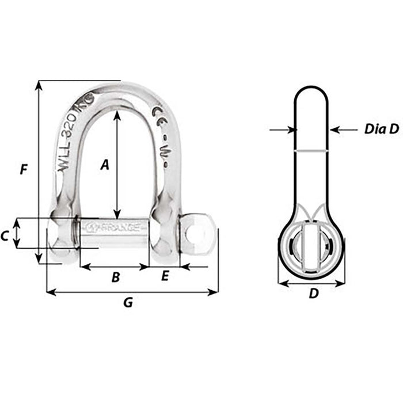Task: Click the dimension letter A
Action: pos(104,165)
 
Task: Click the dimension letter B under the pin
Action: pos(115,278)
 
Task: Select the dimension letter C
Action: pos(5,236)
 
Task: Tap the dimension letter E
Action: pos(165,277)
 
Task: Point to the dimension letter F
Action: pos(23,170)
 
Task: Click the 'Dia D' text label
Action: pos(381,130)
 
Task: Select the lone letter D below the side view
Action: pos(313,294)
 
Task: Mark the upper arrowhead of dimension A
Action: pos(117,115)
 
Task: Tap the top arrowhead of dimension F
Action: pos(39,85)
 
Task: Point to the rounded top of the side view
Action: pos(311,90)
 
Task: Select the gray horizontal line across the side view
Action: pos(311,151)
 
